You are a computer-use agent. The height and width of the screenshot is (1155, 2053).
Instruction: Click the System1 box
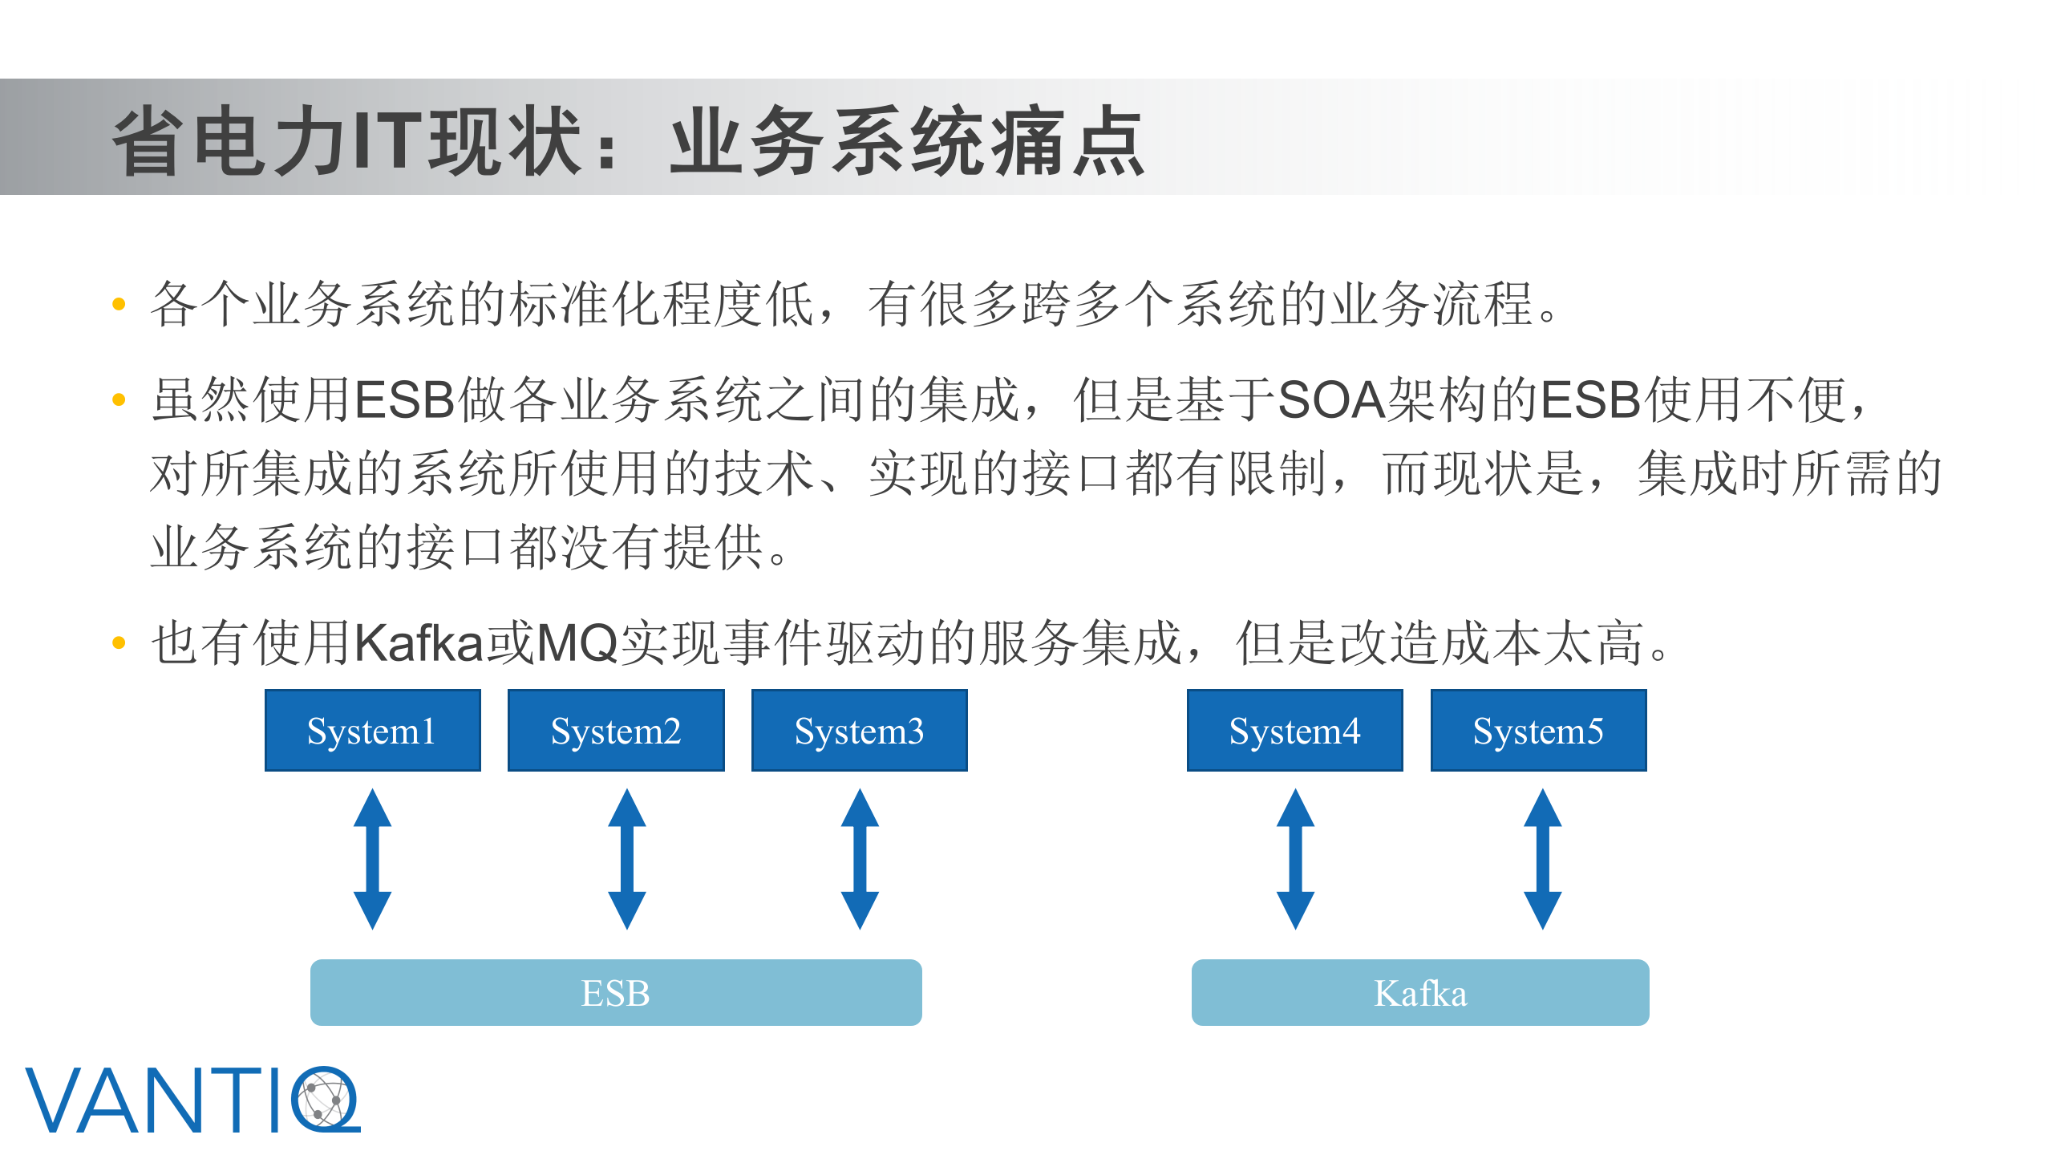coord(373,731)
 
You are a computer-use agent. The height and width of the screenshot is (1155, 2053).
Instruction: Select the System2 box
coord(616,731)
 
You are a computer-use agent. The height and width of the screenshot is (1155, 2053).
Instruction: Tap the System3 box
coord(859,731)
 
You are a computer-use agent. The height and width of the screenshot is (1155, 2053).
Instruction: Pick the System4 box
coord(1295,731)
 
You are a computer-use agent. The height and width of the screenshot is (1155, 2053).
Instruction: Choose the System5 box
coord(1538,731)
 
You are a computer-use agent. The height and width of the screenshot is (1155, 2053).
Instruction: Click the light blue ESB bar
coord(616,992)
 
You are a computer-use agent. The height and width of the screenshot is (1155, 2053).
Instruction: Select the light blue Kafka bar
coord(1420,992)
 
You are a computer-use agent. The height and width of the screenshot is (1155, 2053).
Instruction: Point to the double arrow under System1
coord(373,859)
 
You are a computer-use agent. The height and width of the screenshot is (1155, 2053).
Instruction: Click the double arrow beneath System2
coord(627,859)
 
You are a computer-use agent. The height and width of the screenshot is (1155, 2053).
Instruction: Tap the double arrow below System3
coord(860,859)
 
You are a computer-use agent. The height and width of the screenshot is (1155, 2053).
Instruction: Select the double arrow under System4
coord(1296,859)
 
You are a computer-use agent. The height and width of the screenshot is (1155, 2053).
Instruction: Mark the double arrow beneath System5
coord(1543,859)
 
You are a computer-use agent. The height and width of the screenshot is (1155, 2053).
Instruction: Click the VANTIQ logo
coord(192,1100)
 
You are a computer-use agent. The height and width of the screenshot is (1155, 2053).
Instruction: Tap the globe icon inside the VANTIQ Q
coord(326,1100)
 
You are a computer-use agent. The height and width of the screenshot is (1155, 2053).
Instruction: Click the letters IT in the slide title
coord(388,142)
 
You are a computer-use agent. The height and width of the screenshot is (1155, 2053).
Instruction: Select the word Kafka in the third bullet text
coord(419,643)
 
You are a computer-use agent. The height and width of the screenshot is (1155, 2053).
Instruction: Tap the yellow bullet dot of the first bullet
coord(119,304)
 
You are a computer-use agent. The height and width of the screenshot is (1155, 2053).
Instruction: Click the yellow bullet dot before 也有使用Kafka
coord(119,642)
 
